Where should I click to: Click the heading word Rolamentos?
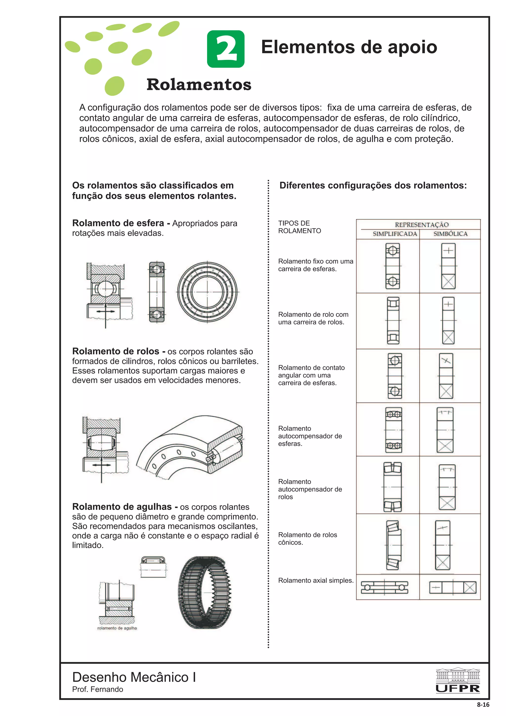[199, 84]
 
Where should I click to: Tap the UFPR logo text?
[457, 688]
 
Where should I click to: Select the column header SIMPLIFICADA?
[395, 234]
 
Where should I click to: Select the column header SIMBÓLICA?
[450, 234]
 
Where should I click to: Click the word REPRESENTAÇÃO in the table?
[422, 225]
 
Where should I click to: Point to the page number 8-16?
[483, 704]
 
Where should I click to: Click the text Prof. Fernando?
[98, 689]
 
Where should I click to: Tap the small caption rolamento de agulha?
[117, 628]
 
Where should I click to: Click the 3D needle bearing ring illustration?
[205, 592]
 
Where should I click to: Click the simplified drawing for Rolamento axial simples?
[384, 588]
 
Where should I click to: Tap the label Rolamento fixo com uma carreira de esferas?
[315, 265]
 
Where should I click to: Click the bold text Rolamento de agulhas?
[122, 507]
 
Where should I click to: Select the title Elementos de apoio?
[349, 47]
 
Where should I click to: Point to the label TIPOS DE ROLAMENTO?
[299, 227]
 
